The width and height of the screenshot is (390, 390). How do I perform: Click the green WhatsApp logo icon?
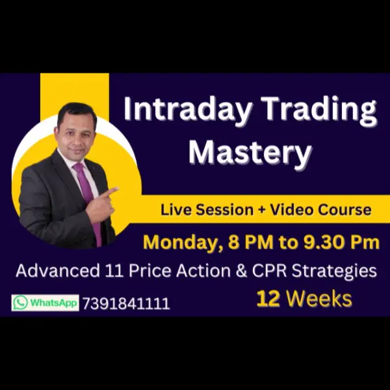click(x=20, y=303)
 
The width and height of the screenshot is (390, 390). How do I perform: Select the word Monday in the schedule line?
click(x=180, y=242)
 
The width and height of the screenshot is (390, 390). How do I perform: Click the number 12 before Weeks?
click(x=268, y=299)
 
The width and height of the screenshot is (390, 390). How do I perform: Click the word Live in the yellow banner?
click(x=174, y=210)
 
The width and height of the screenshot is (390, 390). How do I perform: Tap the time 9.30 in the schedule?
click(x=318, y=242)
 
